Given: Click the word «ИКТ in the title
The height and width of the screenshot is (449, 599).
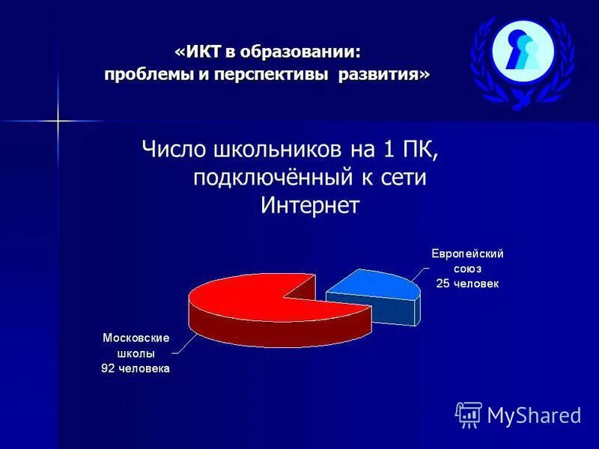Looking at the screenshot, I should (x=198, y=52).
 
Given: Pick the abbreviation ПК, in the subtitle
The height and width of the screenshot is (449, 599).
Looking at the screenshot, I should (x=417, y=150).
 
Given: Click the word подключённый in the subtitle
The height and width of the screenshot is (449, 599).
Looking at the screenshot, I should (x=273, y=177).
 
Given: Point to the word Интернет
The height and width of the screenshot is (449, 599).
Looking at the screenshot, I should (x=310, y=205).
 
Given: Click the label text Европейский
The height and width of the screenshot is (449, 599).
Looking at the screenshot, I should (x=467, y=254).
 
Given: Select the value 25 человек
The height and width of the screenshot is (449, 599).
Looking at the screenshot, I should (x=467, y=284).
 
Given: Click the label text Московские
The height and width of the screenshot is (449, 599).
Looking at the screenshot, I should (x=136, y=338).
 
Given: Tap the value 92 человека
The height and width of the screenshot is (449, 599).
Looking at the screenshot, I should (x=136, y=368).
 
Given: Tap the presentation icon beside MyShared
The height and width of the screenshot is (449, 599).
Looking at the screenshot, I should (x=469, y=415).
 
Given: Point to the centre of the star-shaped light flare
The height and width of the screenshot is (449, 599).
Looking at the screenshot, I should (x=58, y=120).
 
